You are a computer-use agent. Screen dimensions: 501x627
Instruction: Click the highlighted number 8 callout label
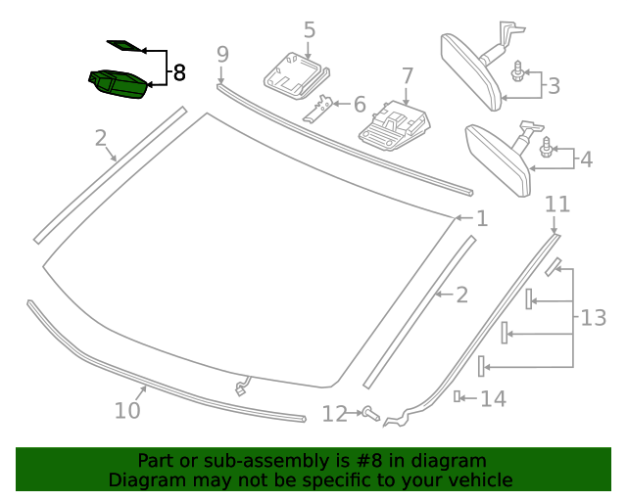click(178, 71)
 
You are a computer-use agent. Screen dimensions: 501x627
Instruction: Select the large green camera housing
click(118, 84)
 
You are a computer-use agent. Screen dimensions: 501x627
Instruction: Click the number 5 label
click(310, 30)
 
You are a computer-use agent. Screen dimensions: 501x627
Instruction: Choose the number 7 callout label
click(408, 75)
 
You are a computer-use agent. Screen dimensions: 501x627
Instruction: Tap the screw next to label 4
click(546, 148)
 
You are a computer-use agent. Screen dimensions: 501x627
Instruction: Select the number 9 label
click(222, 54)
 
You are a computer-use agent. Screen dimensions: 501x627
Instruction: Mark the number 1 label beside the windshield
click(481, 219)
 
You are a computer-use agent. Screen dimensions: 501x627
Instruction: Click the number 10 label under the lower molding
click(127, 410)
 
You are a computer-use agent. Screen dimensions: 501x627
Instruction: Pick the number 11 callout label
click(556, 205)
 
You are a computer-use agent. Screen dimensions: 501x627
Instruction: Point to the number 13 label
click(593, 317)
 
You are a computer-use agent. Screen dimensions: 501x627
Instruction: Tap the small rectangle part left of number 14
click(458, 396)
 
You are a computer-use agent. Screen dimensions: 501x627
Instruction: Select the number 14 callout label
click(493, 398)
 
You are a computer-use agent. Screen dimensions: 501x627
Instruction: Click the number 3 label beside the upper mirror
click(554, 86)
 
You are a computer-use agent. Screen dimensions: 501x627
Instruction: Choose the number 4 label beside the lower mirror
click(586, 159)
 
